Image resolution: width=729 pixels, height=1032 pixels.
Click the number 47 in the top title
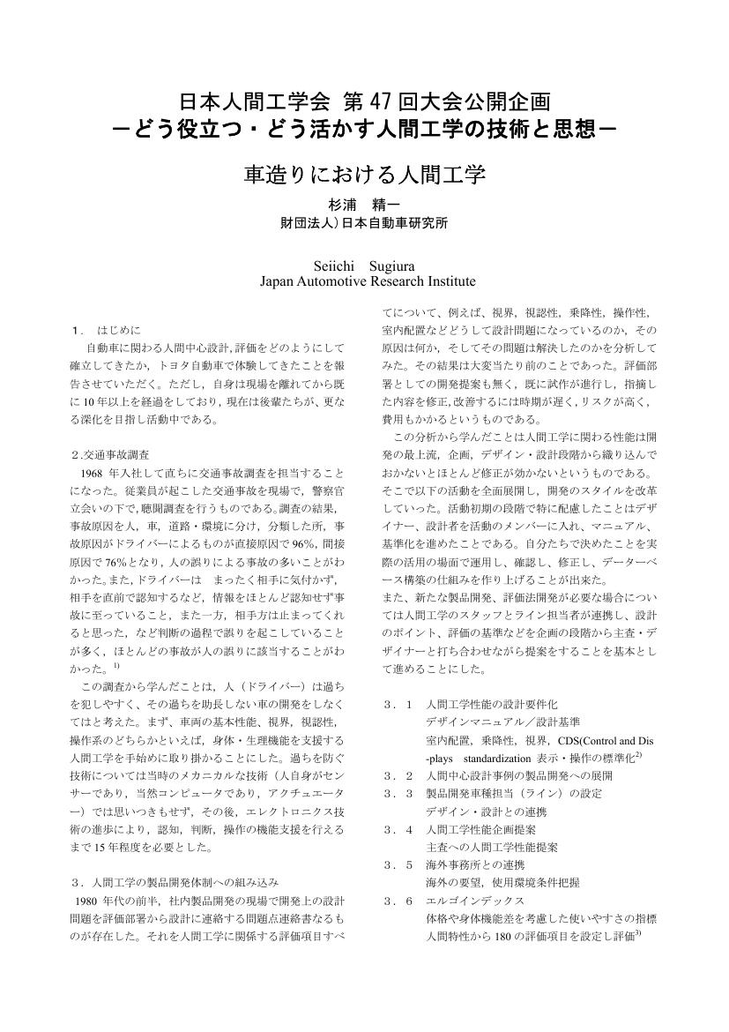pos(378,101)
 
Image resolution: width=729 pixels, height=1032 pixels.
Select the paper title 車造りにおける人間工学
pos(364,173)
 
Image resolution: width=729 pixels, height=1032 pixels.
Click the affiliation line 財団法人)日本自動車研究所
pos(364,223)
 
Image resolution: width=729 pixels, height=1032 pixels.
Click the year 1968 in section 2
pos(93,473)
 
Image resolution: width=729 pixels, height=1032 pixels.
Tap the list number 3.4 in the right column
pos(398,829)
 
